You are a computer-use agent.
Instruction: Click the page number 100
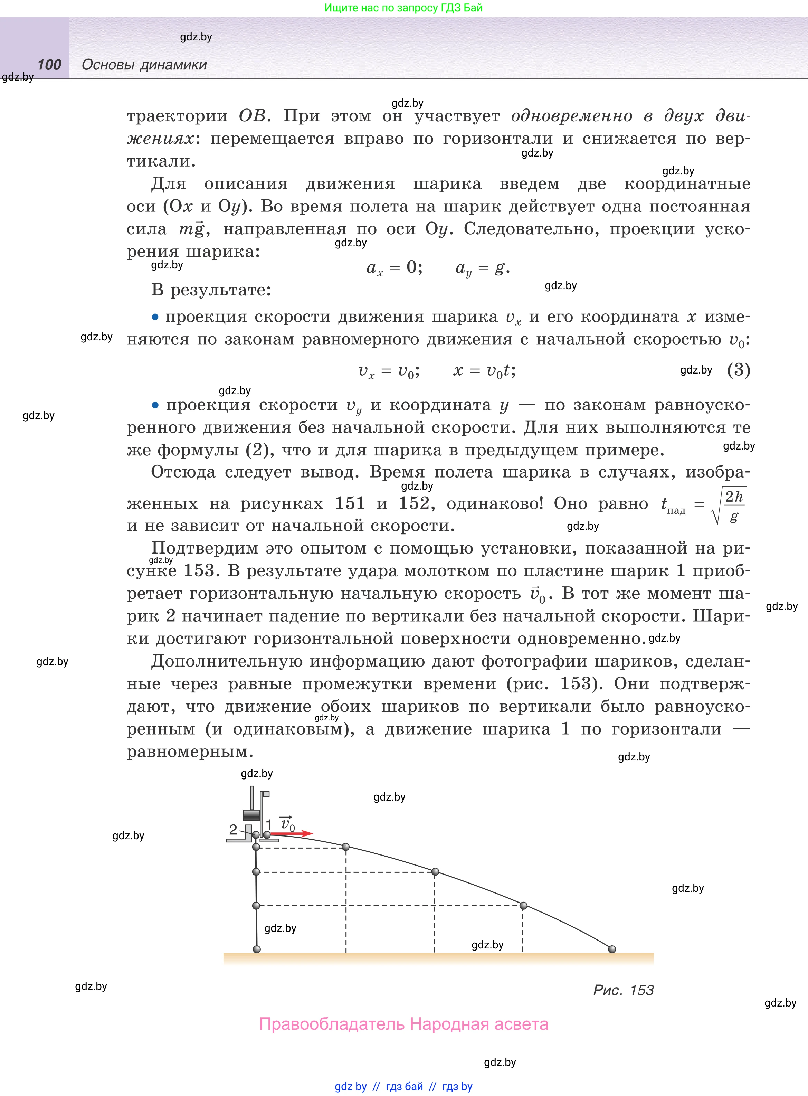pyautogui.click(x=49, y=65)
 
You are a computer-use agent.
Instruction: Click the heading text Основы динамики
pyautogui.click(x=144, y=65)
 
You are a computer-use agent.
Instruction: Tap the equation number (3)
pyautogui.click(x=738, y=370)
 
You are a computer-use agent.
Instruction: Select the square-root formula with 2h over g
pyautogui.click(x=729, y=506)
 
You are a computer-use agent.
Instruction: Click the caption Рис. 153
pyautogui.click(x=623, y=990)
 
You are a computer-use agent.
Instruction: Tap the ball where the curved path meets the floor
pyautogui.click(x=612, y=949)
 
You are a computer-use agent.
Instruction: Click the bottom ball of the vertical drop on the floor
pyautogui.click(x=257, y=949)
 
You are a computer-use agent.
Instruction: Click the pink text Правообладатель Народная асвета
pyautogui.click(x=403, y=1024)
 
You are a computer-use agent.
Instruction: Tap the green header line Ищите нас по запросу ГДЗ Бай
pyautogui.click(x=403, y=8)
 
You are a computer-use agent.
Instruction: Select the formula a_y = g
pyautogui.click(x=482, y=268)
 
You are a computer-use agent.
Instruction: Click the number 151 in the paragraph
pyautogui.click(x=350, y=503)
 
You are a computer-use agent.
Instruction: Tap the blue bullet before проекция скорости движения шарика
pyautogui.click(x=155, y=317)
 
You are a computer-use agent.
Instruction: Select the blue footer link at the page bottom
pyautogui.click(x=403, y=1086)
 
